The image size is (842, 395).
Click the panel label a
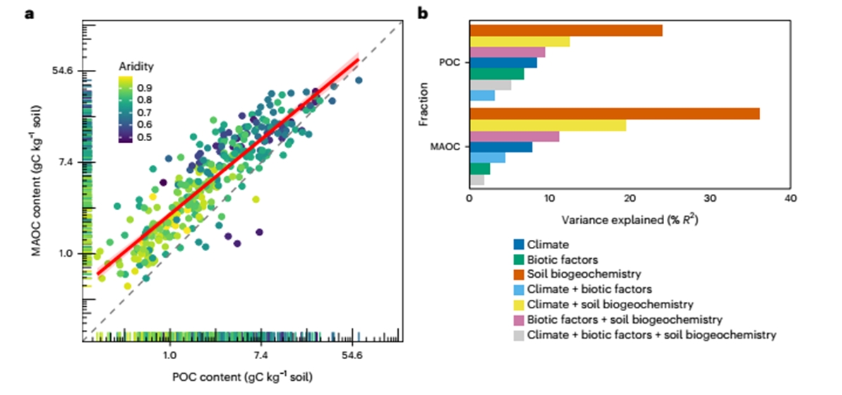click(30, 12)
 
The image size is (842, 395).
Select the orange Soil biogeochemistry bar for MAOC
click(614, 114)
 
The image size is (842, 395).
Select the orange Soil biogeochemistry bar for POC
click(565, 30)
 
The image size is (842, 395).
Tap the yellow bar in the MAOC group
click(548, 125)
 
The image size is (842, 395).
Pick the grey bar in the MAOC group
click(477, 181)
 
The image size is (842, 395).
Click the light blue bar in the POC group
click(482, 95)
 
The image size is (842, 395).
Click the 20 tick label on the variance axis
click(630, 199)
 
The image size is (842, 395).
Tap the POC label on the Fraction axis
click(450, 62)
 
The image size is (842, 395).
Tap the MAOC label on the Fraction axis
click(447, 147)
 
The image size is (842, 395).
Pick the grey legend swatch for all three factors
click(519, 334)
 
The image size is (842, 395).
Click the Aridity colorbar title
click(136, 67)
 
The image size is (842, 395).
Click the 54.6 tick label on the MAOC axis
click(68, 71)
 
